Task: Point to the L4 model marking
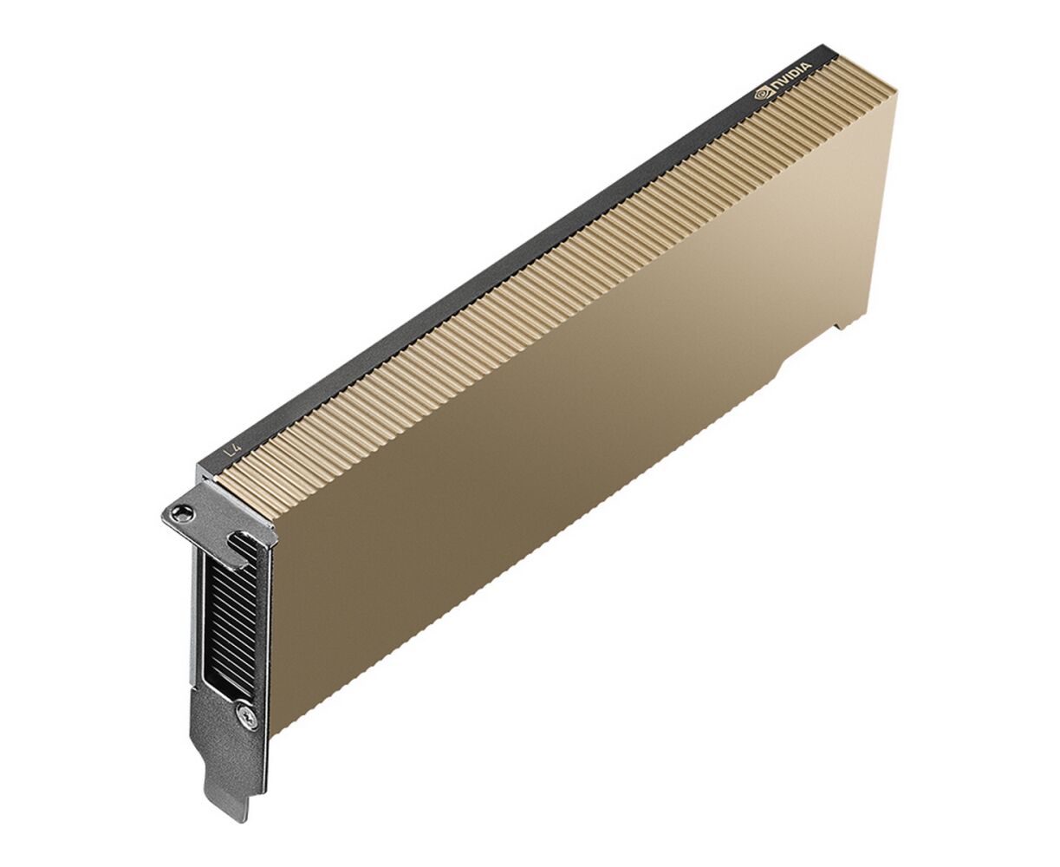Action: pyautogui.click(x=231, y=448)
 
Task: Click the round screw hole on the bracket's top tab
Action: pyautogui.click(x=180, y=512)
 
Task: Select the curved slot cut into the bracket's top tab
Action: pyautogui.click(x=243, y=549)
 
